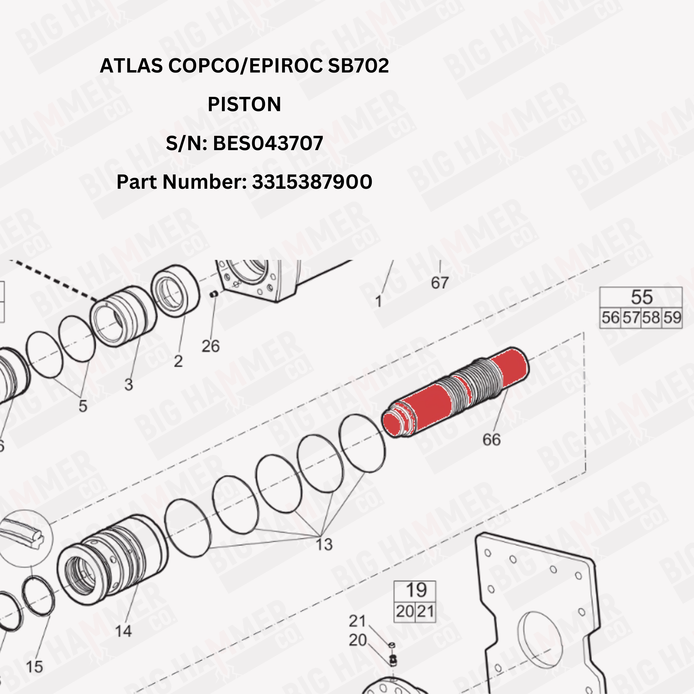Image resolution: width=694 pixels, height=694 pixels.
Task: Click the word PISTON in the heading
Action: (244, 104)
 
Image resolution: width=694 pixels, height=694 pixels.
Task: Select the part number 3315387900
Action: (312, 182)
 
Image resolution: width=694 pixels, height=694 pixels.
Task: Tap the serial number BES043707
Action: (268, 143)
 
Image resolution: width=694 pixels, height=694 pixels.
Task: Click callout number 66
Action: (491, 439)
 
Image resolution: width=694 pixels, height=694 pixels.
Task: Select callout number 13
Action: (324, 544)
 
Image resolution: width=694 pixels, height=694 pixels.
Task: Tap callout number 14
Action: (123, 631)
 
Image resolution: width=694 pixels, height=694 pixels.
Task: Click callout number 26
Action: (210, 346)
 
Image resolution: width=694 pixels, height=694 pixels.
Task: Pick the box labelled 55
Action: (641, 297)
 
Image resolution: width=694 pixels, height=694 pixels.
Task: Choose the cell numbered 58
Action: (651, 318)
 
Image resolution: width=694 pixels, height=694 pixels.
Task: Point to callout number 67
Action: (440, 283)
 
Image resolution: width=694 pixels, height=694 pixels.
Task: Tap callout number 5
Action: (83, 406)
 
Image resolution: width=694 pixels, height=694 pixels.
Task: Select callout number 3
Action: (128, 384)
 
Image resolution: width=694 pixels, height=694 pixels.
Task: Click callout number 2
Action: (178, 361)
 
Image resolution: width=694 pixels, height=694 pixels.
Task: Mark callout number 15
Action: (35, 667)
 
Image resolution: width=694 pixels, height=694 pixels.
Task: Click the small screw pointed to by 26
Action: (214, 294)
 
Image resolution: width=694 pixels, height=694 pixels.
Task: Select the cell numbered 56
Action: (611, 318)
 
